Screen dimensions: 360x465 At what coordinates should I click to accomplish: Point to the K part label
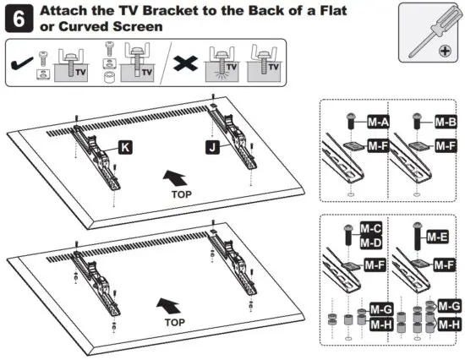(124, 147)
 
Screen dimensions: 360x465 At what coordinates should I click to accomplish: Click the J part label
(214, 146)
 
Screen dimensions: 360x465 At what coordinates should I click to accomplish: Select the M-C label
(370, 228)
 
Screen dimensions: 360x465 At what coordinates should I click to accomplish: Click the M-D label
(370, 243)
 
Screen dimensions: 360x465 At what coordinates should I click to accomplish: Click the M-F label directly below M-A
(378, 146)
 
